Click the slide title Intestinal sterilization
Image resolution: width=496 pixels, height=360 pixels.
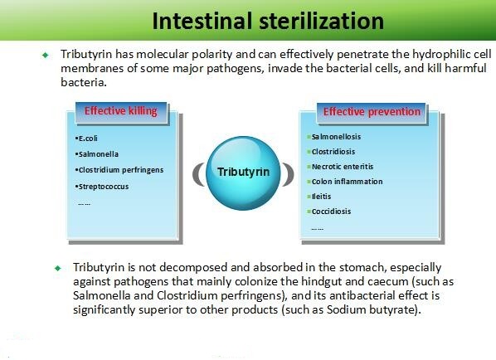tap(268, 21)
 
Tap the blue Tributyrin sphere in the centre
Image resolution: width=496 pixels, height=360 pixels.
tap(243, 173)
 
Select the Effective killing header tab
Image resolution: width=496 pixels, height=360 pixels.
tap(121, 111)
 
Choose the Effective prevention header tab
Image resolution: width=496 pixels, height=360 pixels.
tap(372, 112)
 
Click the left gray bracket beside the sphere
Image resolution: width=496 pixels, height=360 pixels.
tap(197, 174)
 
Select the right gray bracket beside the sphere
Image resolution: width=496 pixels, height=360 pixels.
tap(289, 174)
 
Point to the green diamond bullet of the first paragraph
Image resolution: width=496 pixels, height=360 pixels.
tap(46, 55)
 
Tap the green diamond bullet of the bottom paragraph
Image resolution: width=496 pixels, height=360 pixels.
tap(57, 268)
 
